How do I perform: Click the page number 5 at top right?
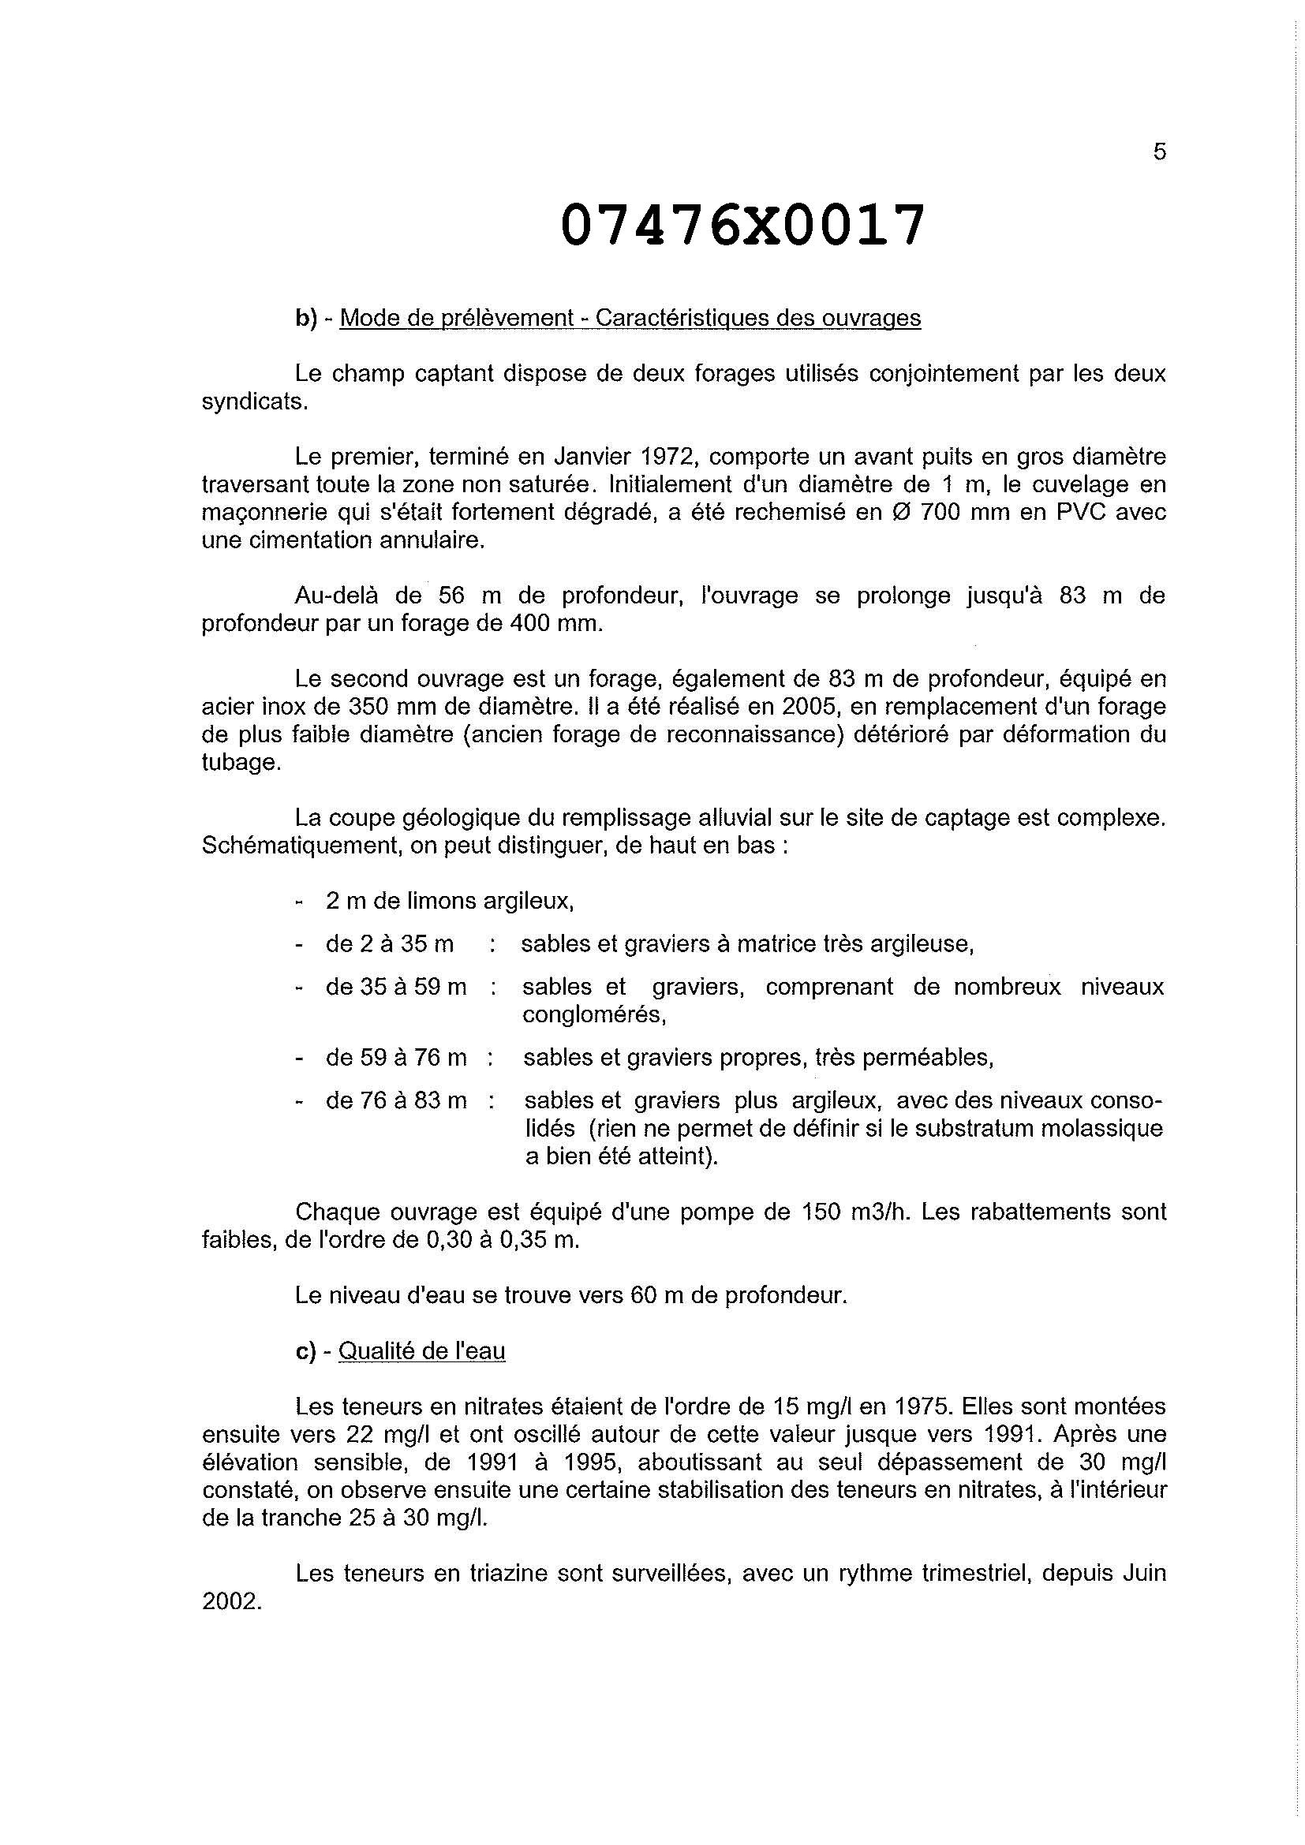coord(1159,152)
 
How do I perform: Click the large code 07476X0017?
coord(742,225)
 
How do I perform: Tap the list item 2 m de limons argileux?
coord(449,901)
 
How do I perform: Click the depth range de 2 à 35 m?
coord(390,943)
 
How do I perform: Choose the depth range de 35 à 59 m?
coord(396,986)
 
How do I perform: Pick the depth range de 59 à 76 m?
coord(396,1058)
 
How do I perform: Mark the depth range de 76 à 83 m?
coord(396,1100)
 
